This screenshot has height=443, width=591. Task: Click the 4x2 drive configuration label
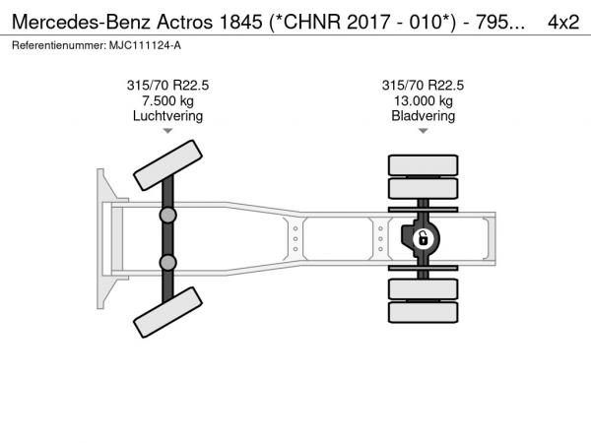pyautogui.click(x=563, y=22)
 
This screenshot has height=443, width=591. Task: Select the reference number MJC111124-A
pyautogui.click(x=145, y=45)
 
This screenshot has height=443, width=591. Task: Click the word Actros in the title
pyautogui.click(x=185, y=22)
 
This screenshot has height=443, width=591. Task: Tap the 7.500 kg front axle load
pyautogui.click(x=167, y=101)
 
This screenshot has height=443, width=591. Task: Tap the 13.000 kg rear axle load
pyautogui.click(x=423, y=101)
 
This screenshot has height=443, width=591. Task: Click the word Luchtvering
pyautogui.click(x=167, y=116)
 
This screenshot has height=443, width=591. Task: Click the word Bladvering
pyautogui.click(x=423, y=116)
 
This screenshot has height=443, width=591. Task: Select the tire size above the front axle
pyautogui.click(x=167, y=85)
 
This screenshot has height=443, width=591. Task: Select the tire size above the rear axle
pyautogui.click(x=423, y=85)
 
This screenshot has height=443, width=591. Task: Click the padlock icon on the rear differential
pyautogui.click(x=423, y=238)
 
